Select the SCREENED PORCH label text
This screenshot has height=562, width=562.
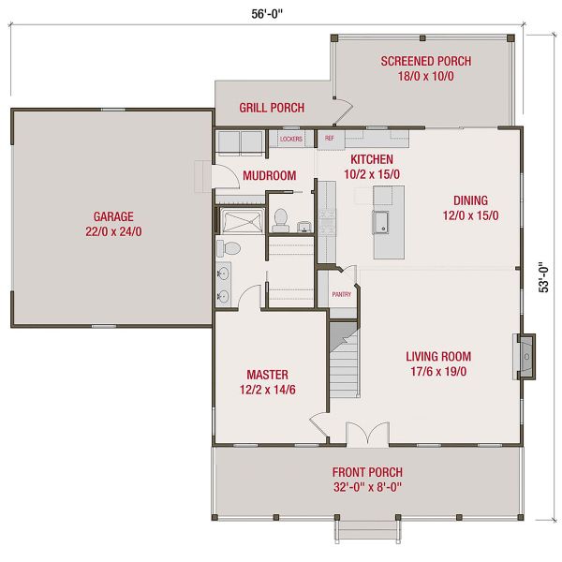pos(425,62)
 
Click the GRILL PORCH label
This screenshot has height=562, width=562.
pos(272,108)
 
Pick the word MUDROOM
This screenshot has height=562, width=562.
pos(269,175)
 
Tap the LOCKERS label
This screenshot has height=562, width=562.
pos(292,140)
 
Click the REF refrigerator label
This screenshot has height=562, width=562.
pos(329,139)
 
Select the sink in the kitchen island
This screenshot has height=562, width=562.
pos(382,222)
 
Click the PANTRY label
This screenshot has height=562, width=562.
pos(341,294)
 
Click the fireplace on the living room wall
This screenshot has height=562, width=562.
pos(527,357)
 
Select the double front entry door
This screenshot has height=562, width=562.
pos(367,435)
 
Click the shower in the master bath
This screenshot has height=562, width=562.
pos(241,221)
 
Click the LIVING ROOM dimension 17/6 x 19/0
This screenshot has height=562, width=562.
pos(437,372)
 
